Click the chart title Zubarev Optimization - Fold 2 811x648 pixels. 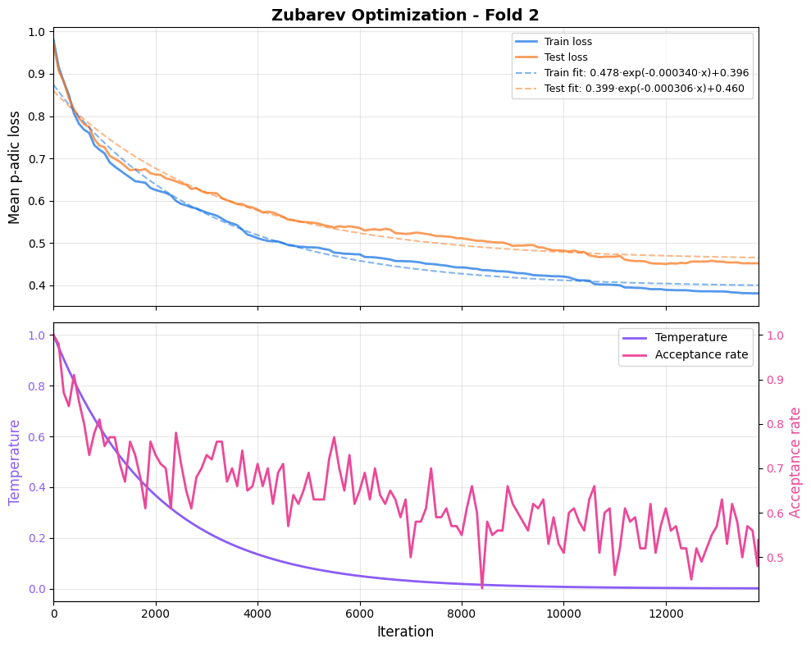(405, 15)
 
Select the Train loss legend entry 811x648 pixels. (567, 42)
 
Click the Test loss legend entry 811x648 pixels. (566, 57)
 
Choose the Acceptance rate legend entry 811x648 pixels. (701, 354)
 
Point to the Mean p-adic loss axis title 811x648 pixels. (15, 167)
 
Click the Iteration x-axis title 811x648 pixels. (405, 632)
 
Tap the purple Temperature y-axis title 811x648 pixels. (15, 462)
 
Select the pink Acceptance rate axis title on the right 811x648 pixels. (795, 462)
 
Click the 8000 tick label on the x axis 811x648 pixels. (462, 614)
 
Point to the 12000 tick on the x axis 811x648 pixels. (665, 614)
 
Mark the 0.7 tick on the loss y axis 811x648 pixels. (35, 158)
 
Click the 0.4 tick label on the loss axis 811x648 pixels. (35, 285)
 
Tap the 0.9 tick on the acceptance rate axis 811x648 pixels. (775, 380)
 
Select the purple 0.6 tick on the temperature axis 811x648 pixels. (35, 436)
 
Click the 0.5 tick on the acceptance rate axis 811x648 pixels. (775, 558)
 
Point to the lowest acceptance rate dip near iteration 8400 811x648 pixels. (482, 587)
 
